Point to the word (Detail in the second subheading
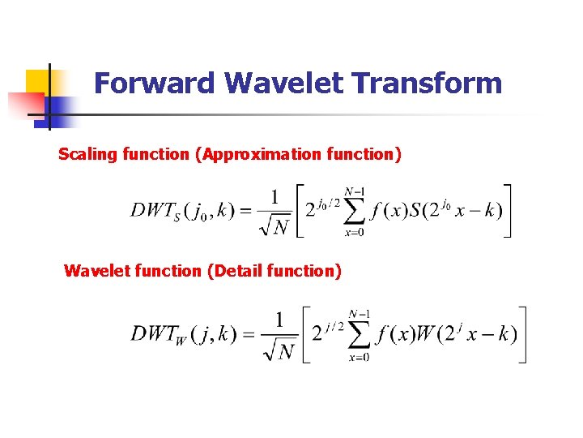[238, 271]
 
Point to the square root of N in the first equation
[274, 226]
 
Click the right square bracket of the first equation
[507, 211]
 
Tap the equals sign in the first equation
[244, 211]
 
